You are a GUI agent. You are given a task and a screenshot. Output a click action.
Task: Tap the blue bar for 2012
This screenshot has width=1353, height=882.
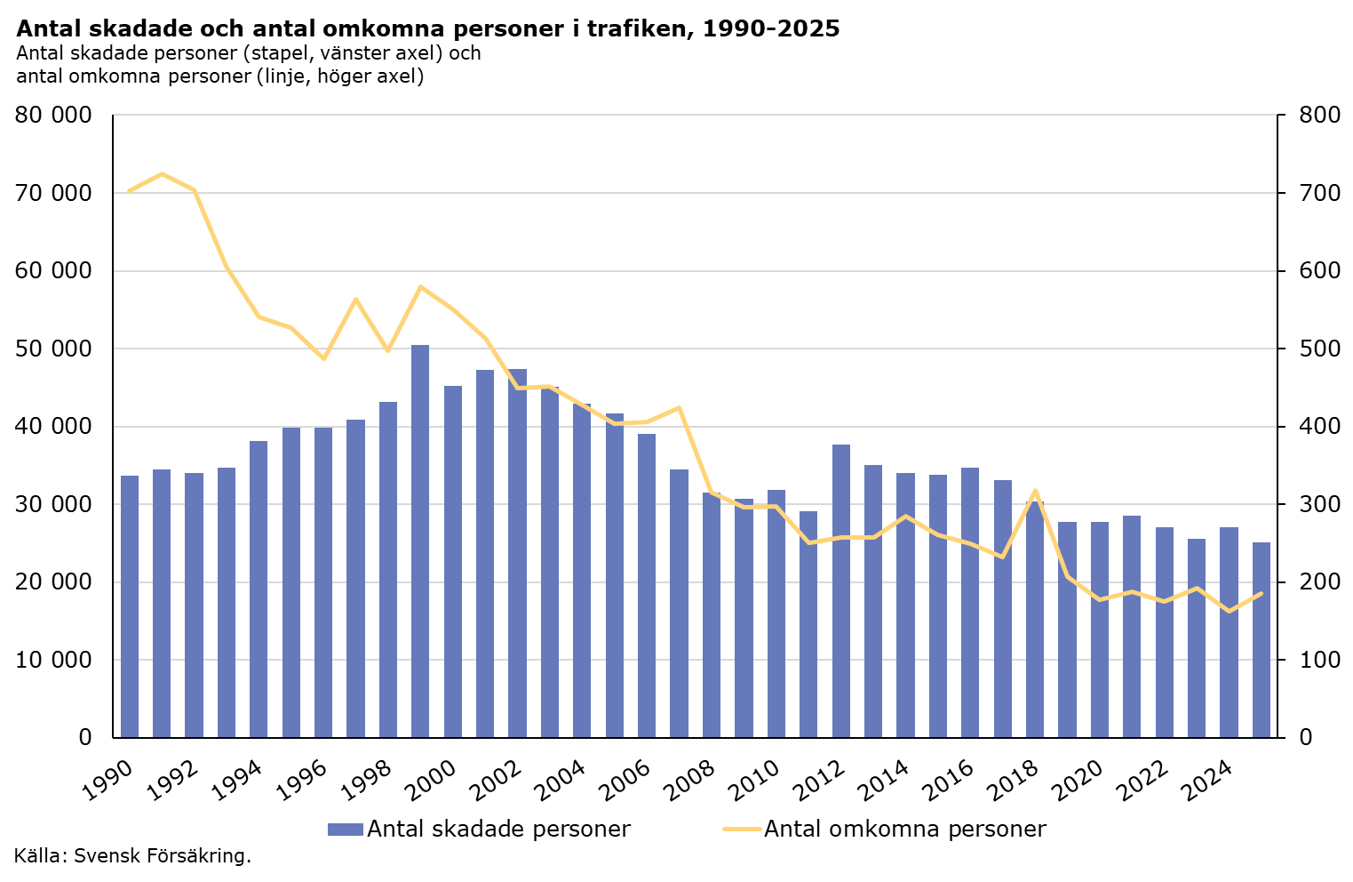coord(841,590)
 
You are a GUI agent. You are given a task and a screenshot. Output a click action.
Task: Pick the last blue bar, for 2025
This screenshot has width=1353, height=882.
coord(1261,639)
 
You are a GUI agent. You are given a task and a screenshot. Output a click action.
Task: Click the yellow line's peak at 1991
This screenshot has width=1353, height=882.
coord(162,174)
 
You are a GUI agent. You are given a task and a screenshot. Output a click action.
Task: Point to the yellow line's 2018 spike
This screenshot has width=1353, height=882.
coord(1035,491)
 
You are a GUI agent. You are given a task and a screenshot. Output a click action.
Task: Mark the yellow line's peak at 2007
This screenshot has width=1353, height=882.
coord(679,408)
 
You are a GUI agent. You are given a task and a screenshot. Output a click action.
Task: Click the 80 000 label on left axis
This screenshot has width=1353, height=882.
coord(54,116)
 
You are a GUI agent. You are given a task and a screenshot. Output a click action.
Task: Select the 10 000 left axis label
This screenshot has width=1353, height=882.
coord(54,660)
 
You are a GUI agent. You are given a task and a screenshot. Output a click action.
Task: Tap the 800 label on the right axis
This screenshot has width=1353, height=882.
coord(1317,116)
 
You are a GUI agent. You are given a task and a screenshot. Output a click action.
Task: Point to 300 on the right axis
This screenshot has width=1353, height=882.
coord(1317,504)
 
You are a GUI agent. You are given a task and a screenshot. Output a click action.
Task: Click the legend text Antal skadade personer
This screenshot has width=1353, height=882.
coord(498,830)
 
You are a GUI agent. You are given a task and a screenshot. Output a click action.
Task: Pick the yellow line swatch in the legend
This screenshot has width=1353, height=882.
coord(742,830)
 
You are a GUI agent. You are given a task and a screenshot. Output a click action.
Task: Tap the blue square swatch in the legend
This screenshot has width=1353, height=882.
coord(345,830)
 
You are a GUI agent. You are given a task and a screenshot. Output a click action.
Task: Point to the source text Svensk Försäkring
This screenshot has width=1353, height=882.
coord(163,856)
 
